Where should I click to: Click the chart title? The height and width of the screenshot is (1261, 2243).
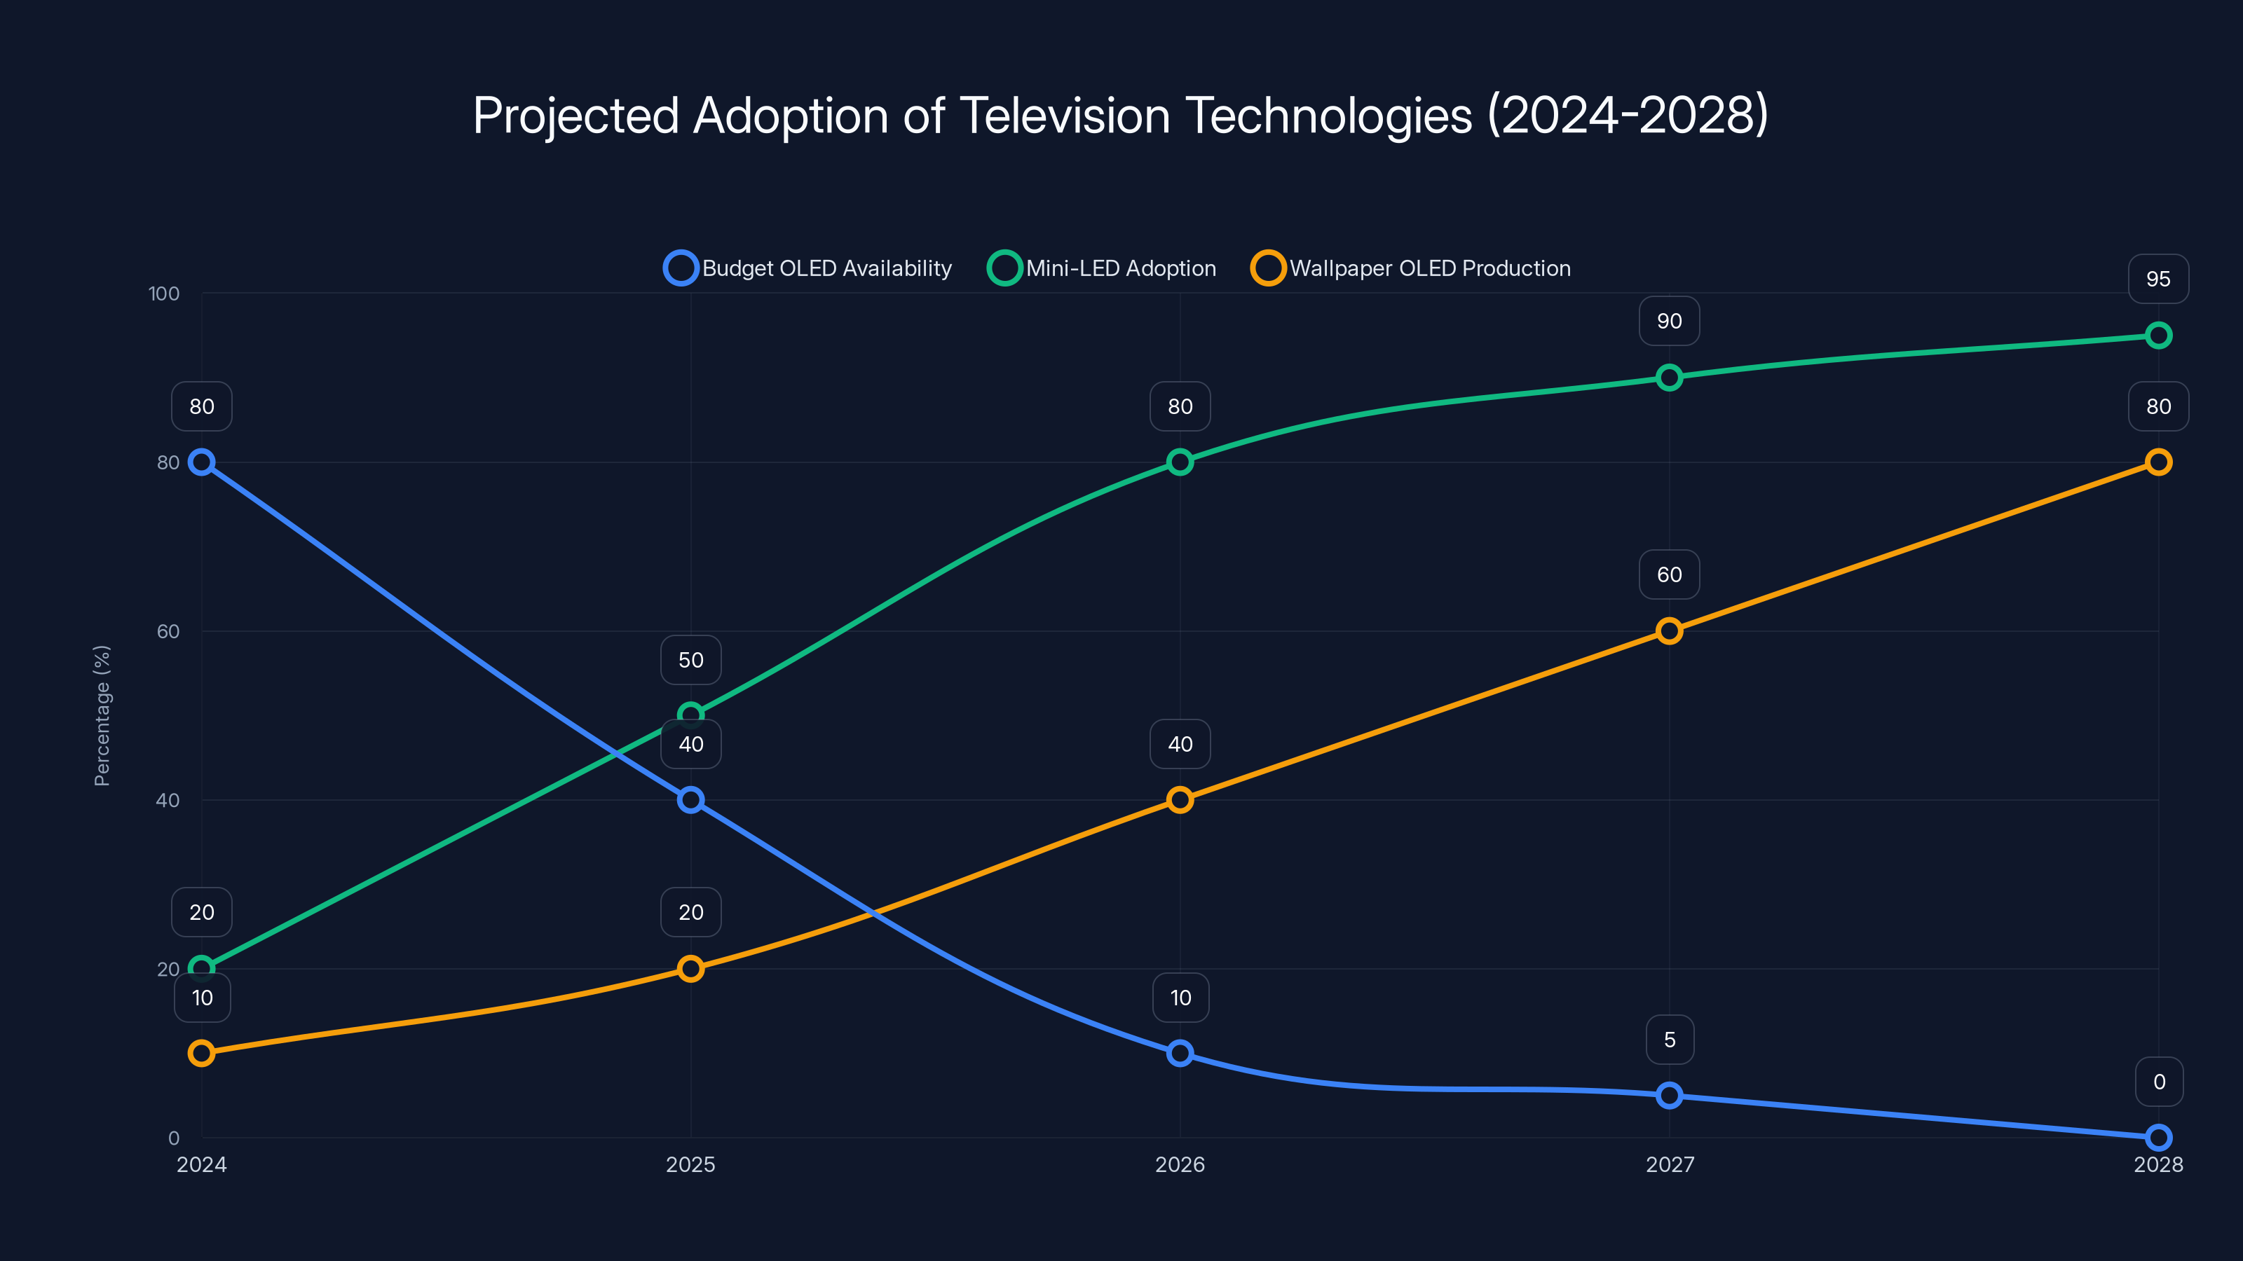pyautogui.click(x=1121, y=115)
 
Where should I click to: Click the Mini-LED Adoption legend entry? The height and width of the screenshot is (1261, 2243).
pyautogui.click(x=1103, y=268)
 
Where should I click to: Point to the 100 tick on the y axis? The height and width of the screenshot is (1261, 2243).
pyautogui.click(x=164, y=294)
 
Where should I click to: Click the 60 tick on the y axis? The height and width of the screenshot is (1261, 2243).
pyautogui.click(x=168, y=631)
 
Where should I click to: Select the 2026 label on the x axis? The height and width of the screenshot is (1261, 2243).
pyautogui.click(x=1180, y=1164)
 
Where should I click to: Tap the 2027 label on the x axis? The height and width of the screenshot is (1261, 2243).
pyautogui.click(x=1669, y=1164)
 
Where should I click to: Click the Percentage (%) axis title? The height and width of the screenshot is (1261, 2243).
pyautogui.click(x=102, y=715)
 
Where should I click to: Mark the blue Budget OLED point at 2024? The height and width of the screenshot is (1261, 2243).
pyautogui.click(x=202, y=462)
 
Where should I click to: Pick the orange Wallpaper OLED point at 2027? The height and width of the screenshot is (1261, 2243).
pyautogui.click(x=1669, y=631)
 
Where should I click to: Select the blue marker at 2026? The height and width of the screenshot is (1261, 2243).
pyautogui.click(x=1180, y=1053)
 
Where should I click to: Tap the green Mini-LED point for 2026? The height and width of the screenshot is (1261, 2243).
pyautogui.click(x=1180, y=462)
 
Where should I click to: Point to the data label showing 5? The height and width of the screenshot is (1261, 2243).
pyautogui.click(x=1669, y=1040)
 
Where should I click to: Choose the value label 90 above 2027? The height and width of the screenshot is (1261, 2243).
pyautogui.click(x=1669, y=321)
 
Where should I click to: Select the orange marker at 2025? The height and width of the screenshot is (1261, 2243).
pyautogui.click(x=690, y=969)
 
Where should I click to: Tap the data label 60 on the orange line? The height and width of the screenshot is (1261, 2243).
pyautogui.click(x=1669, y=574)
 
